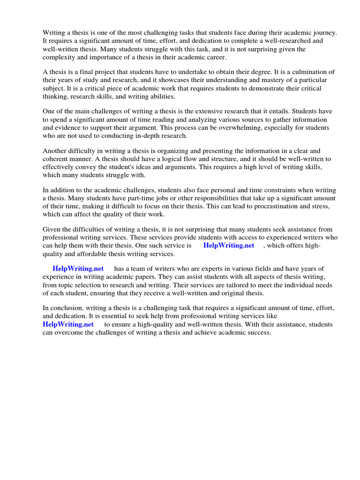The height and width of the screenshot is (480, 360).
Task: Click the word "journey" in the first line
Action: click(x=325, y=32)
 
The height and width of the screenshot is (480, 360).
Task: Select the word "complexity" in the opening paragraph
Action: click(x=60, y=58)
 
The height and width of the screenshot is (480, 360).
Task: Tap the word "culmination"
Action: click(x=307, y=72)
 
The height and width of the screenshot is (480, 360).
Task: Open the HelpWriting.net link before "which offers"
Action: click(x=229, y=246)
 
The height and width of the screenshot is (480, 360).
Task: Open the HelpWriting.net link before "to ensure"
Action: click(x=68, y=324)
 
